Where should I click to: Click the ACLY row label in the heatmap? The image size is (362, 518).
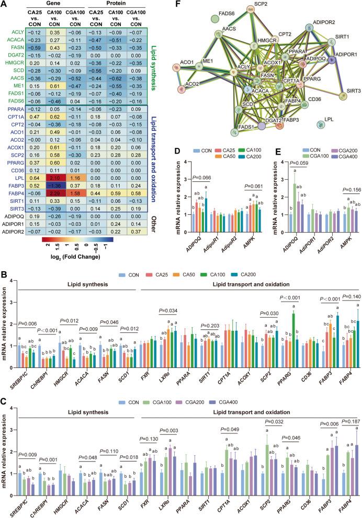tap(12, 32)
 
